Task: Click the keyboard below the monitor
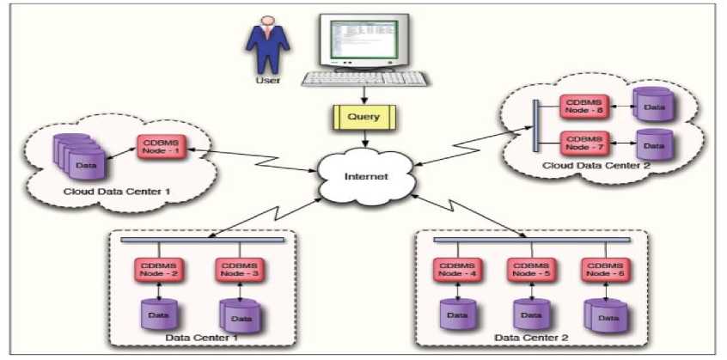click(365, 78)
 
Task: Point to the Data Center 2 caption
click(526, 339)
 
